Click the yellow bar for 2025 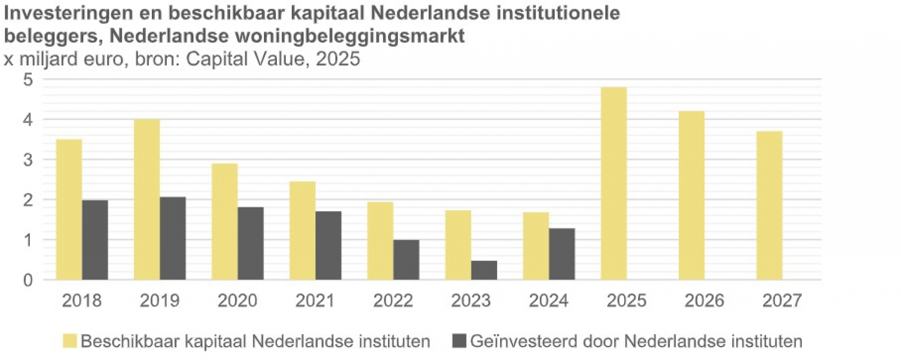click(x=613, y=184)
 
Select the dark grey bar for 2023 click(x=484, y=271)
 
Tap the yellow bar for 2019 click(x=147, y=200)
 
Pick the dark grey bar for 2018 click(x=95, y=240)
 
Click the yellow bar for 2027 click(x=769, y=206)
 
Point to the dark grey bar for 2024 click(x=561, y=254)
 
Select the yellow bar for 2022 click(x=380, y=241)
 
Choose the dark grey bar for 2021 click(x=328, y=245)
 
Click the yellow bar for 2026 click(x=691, y=195)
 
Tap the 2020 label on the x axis click(x=237, y=300)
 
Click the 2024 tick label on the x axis click(x=549, y=300)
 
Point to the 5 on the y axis click(x=28, y=80)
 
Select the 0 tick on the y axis click(x=28, y=280)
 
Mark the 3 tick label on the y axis click(x=28, y=160)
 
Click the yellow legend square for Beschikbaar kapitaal click(x=70, y=341)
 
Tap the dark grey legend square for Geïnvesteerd click(x=459, y=341)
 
